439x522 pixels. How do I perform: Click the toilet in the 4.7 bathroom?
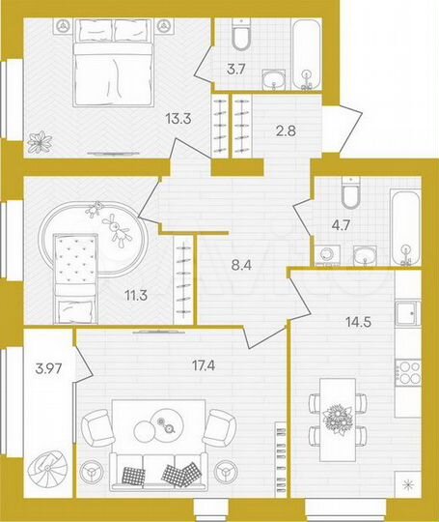353,195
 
